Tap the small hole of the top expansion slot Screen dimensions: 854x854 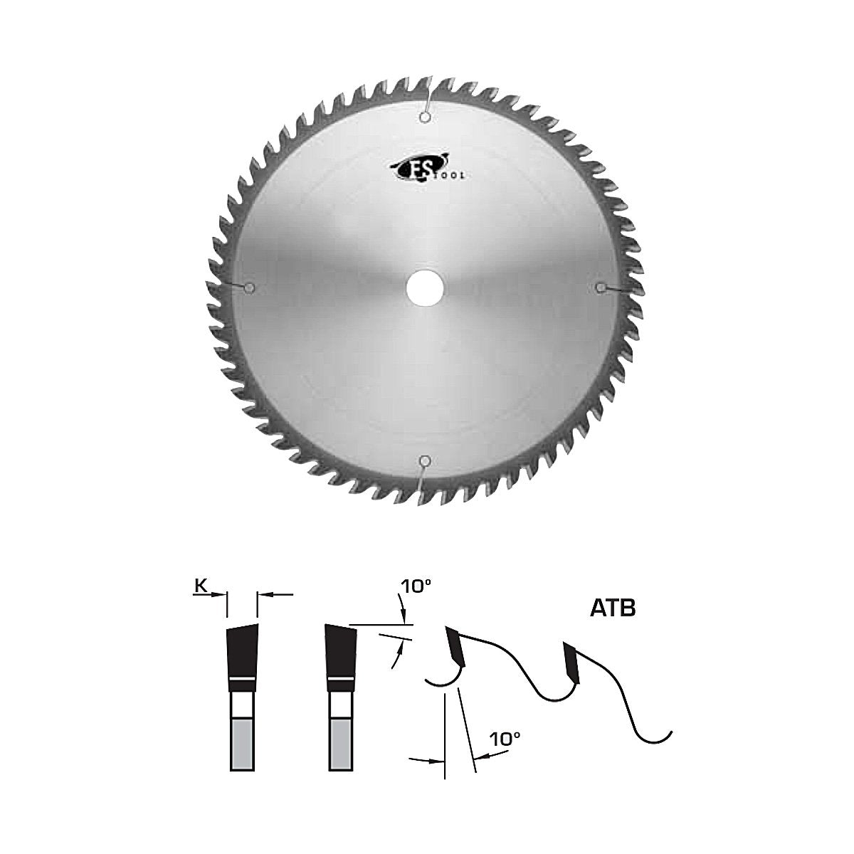pyautogui.click(x=425, y=117)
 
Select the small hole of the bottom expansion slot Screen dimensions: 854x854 pyautogui.click(x=425, y=459)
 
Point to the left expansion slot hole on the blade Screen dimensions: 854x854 pyautogui.click(x=249, y=288)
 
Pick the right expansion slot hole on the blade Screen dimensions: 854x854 pyautogui.click(x=601, y=287)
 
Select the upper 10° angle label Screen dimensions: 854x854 pyautogui.click(x=416, y=586)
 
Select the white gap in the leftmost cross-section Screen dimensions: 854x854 pyautogui.click(x=242, y=705)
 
